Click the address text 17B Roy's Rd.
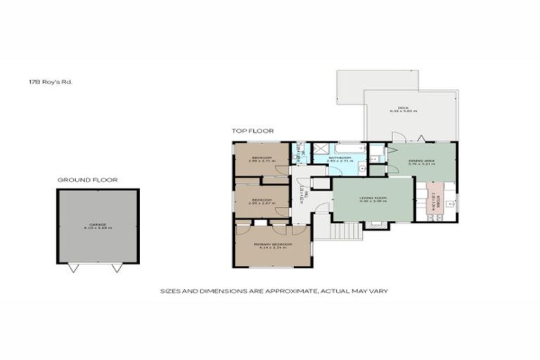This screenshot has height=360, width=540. pos(51,82)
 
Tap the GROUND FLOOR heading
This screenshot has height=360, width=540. pos(88,180)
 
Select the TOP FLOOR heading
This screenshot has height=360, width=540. pos(253,131)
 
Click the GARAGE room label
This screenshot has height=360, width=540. pos(98,226)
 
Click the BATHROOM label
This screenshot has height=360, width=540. pos(340,158)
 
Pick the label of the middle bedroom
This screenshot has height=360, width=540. pos(262,201)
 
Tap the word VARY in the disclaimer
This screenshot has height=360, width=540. pos(380,290)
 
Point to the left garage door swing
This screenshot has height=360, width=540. pos(75,268)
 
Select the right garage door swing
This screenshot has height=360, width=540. pos(117,268)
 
